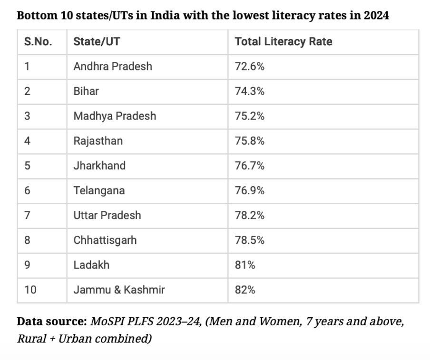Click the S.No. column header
(x=38, y=42)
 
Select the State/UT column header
(x=97, y=42)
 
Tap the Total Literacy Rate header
(x=283, y=42)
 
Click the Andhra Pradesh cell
(x=113, y=67)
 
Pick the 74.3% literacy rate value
(x=250, y=91)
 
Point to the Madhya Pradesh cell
(x=115, y=116)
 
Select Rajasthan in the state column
(x=98, y=141)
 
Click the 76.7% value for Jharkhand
(x=250, y=166)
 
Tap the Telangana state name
(x=99, y=190)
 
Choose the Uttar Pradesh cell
(x=107, y=215)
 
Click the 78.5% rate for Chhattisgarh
(x=250, y=240)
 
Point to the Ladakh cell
(x=91, y=265)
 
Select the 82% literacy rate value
(x=245, y=290)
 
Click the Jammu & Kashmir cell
(x=119, y=290)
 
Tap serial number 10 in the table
(x=30, y=290)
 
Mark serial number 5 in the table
(x=27, y=166)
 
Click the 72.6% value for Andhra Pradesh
(x=250, y=67)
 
